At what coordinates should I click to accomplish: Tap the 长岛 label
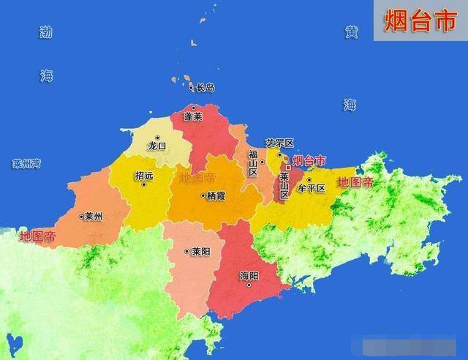tap(205, 88)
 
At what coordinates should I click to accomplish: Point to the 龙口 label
tap(157, 146)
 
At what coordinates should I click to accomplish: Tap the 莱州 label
tap(93, 216)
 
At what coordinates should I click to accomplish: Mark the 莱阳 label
tap(201, 251)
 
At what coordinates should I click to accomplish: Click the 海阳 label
tap(249, 276)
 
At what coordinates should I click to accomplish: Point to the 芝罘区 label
tap(279, 143)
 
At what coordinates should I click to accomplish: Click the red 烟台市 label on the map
tap(309, 160)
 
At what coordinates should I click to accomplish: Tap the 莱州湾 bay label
tap(26, 164)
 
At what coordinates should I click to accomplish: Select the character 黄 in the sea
tap(352, 33)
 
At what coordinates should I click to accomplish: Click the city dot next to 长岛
tap(192, 88)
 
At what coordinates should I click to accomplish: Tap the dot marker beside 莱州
tap(81, 216)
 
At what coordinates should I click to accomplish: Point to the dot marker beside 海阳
tap(249, 285)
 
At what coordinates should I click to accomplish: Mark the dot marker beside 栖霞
tap(203, 195)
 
